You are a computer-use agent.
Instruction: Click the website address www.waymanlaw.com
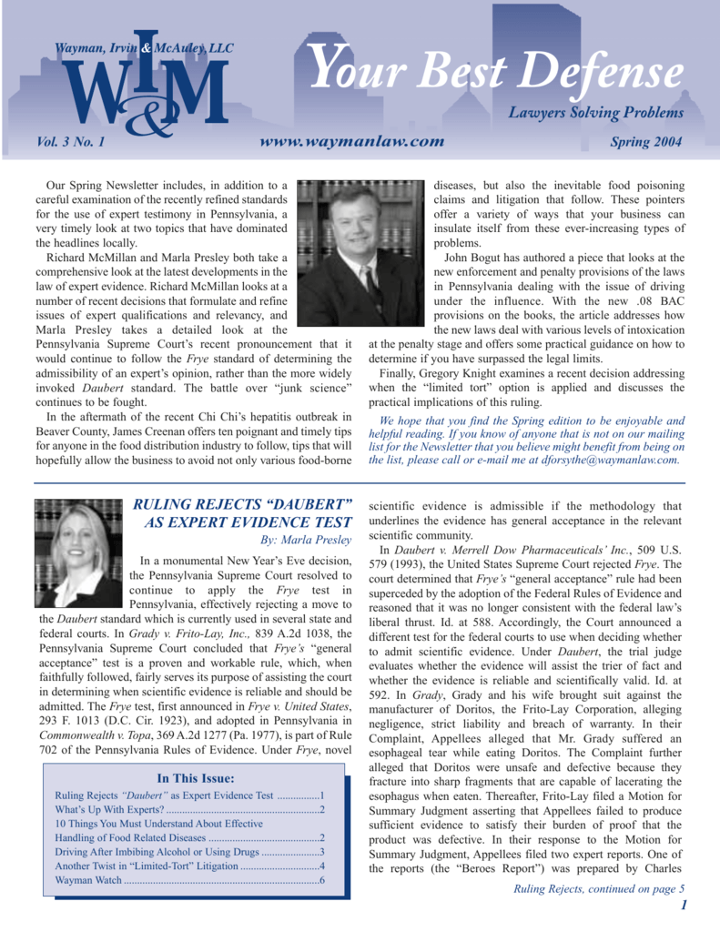coord(352,142)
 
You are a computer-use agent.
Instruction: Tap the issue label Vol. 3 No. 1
coord(71,142)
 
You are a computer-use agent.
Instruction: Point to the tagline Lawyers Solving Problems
coord(595,114)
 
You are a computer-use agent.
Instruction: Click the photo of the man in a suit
coord(361,253)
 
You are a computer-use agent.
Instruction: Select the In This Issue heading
coord(196,778)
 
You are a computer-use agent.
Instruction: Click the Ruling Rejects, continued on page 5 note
coord(598,888)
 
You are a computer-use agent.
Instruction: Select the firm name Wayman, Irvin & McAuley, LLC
coord(145,47)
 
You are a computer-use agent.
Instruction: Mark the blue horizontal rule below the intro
coord(360,482)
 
